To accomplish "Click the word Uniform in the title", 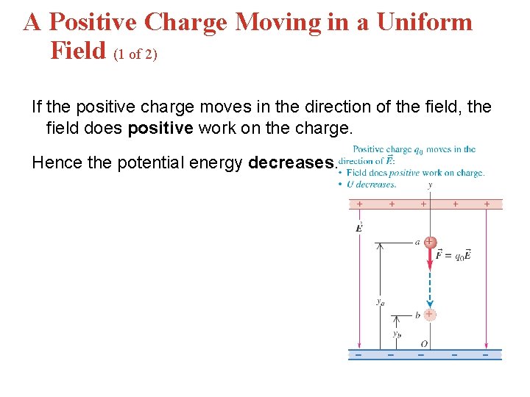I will pos(425,22).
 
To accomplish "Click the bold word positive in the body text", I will pos(159,128).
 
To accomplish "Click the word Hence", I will pos(57,162).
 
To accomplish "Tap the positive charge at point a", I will pos(430,242).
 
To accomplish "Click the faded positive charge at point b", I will pos(429,314).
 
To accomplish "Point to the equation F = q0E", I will pos(453,256).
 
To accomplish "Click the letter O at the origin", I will pos(424,343).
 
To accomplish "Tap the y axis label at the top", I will pos(429,186).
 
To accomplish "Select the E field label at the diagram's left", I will pos(358,227).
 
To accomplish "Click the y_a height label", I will pos(380,301).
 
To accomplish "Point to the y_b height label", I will pos(396,333).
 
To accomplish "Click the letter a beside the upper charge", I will pos(417,241).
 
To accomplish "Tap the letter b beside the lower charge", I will pos(417,315).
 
